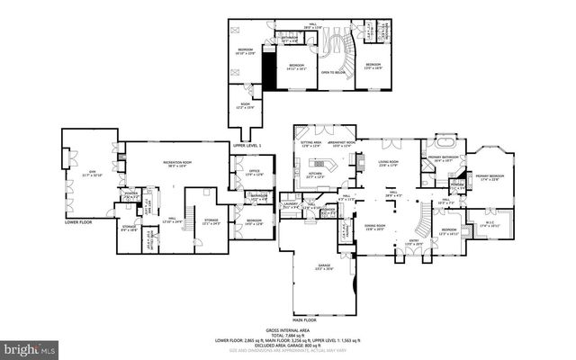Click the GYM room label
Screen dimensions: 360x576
pos(86,172)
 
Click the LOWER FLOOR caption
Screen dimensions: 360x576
pos(79,220)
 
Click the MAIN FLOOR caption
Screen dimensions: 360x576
pos(305,318)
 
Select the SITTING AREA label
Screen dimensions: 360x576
pos(311,141)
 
